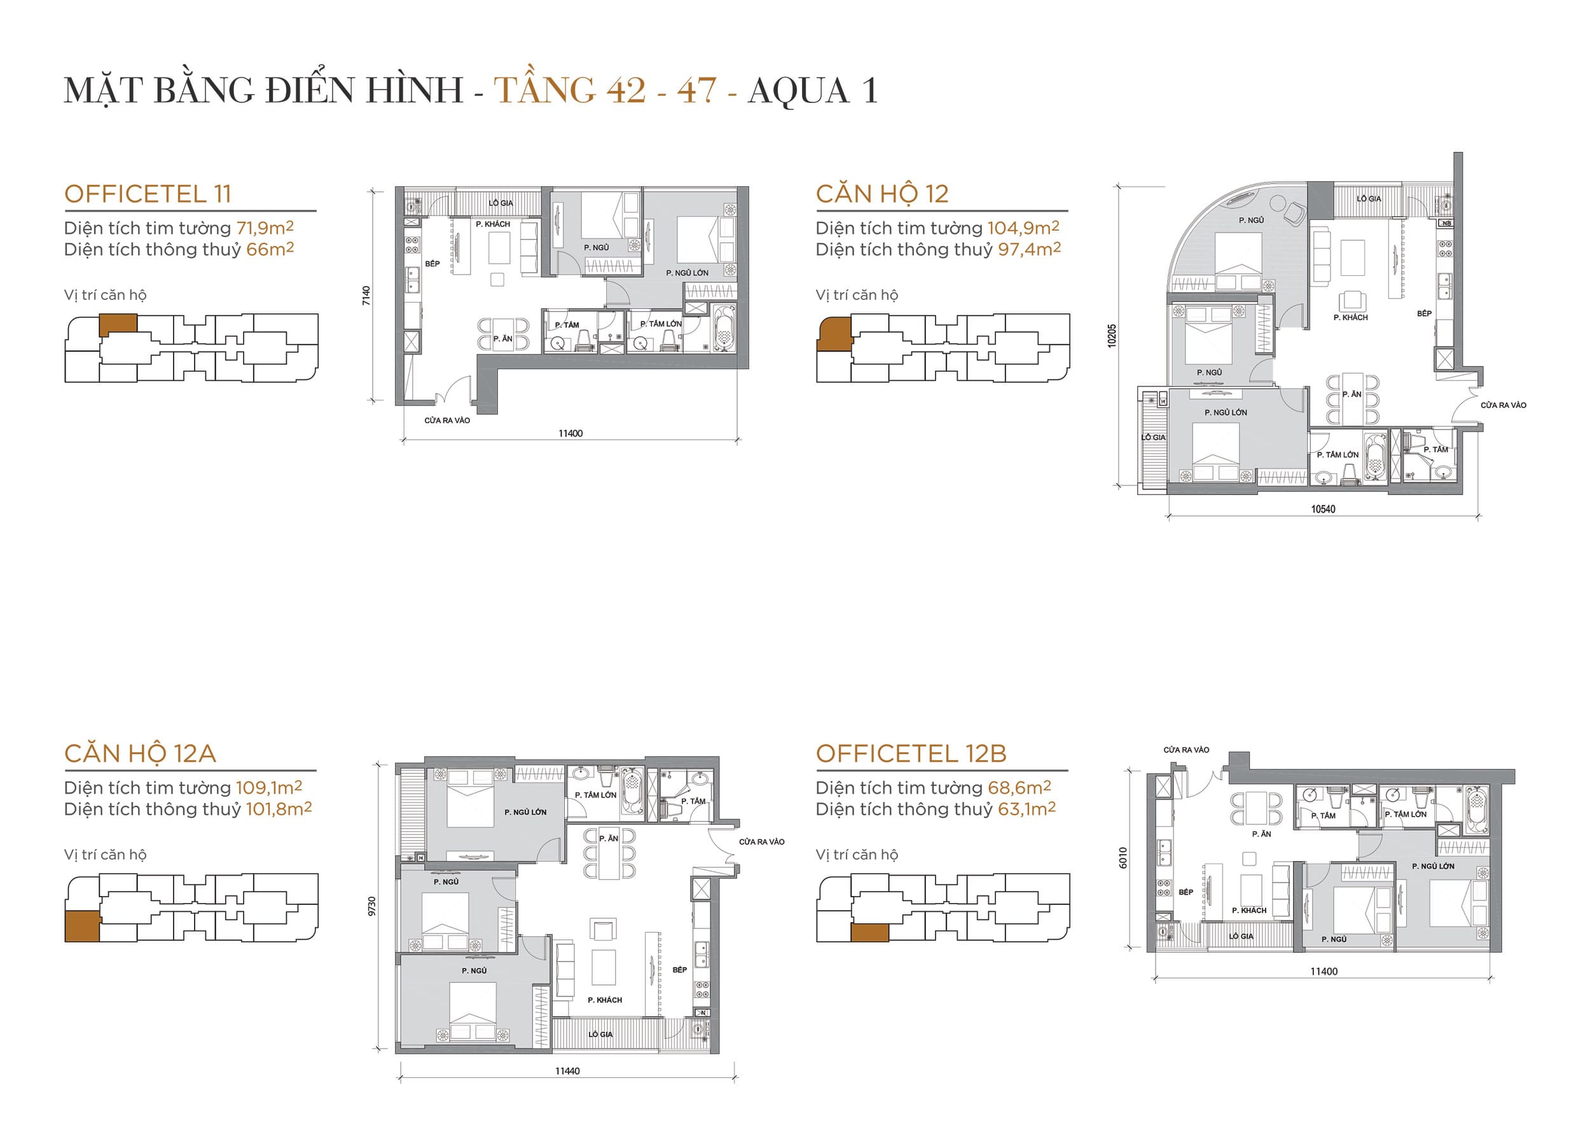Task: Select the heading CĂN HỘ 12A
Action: [140, 753]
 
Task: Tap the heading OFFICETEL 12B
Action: [911, 753]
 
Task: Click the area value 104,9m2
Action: [1023, 227]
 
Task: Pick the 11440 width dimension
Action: [567, 1071]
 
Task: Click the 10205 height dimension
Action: [1112, 336]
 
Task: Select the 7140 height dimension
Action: [366, 295]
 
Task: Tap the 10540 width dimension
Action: [1323, 510]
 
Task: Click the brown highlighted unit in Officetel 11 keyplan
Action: [118, 323]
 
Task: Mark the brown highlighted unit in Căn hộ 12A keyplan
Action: [82, 926]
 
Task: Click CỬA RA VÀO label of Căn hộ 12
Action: [1503, 405]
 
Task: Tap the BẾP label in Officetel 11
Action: [432, 264]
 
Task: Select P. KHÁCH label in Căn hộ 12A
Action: [604, 1000]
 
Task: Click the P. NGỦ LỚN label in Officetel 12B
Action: [1433, 866]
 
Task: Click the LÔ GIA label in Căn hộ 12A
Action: [600, 1034]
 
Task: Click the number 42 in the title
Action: [626, 91]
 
